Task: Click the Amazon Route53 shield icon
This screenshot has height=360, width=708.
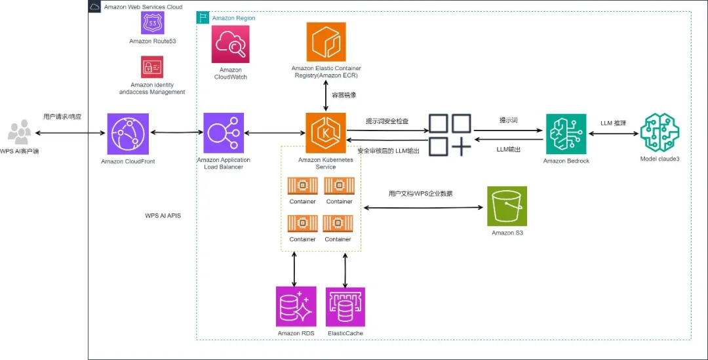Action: pos(153,23)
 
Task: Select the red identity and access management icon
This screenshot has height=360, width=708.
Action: pos(152,67)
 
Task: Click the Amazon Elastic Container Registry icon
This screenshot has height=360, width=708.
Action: pos(326,43)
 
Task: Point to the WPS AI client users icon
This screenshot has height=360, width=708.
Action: pos(19,133)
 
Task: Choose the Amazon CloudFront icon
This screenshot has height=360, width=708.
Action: pos(128,133)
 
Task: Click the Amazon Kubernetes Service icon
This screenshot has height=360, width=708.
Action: pos(326,133)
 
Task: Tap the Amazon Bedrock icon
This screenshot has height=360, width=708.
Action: pos(566,134)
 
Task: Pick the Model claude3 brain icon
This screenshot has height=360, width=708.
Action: pos(659,133)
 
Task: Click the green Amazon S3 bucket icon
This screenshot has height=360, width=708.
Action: pos(507,207)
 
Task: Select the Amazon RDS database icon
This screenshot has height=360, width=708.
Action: pos(296,307)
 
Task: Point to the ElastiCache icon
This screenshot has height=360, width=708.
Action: pos(345,307)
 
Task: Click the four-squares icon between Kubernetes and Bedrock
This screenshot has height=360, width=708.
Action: pos(450,134)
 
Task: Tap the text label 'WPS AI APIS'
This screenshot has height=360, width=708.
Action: pos(163,216)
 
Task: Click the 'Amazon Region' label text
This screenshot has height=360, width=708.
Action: pos(233,18)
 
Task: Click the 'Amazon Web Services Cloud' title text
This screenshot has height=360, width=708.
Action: pos(143,7)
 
